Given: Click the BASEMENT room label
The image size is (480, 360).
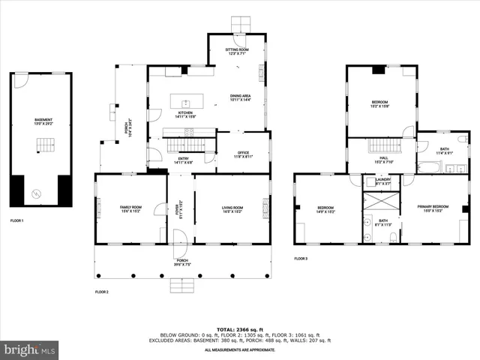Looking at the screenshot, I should coord(43,121).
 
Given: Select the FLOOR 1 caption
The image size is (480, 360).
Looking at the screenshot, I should coord(16,221).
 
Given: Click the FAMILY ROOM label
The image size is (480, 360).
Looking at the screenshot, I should coord(131,208).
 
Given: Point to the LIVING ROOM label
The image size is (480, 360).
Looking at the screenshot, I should coord(230,208).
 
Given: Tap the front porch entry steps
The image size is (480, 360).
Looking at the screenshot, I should coord(182,285).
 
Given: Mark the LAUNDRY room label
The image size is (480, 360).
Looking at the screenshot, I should coord(382,181).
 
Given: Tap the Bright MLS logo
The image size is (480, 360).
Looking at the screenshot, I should coord(30,349).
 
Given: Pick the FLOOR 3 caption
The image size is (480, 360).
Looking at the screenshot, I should coord(301,259).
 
